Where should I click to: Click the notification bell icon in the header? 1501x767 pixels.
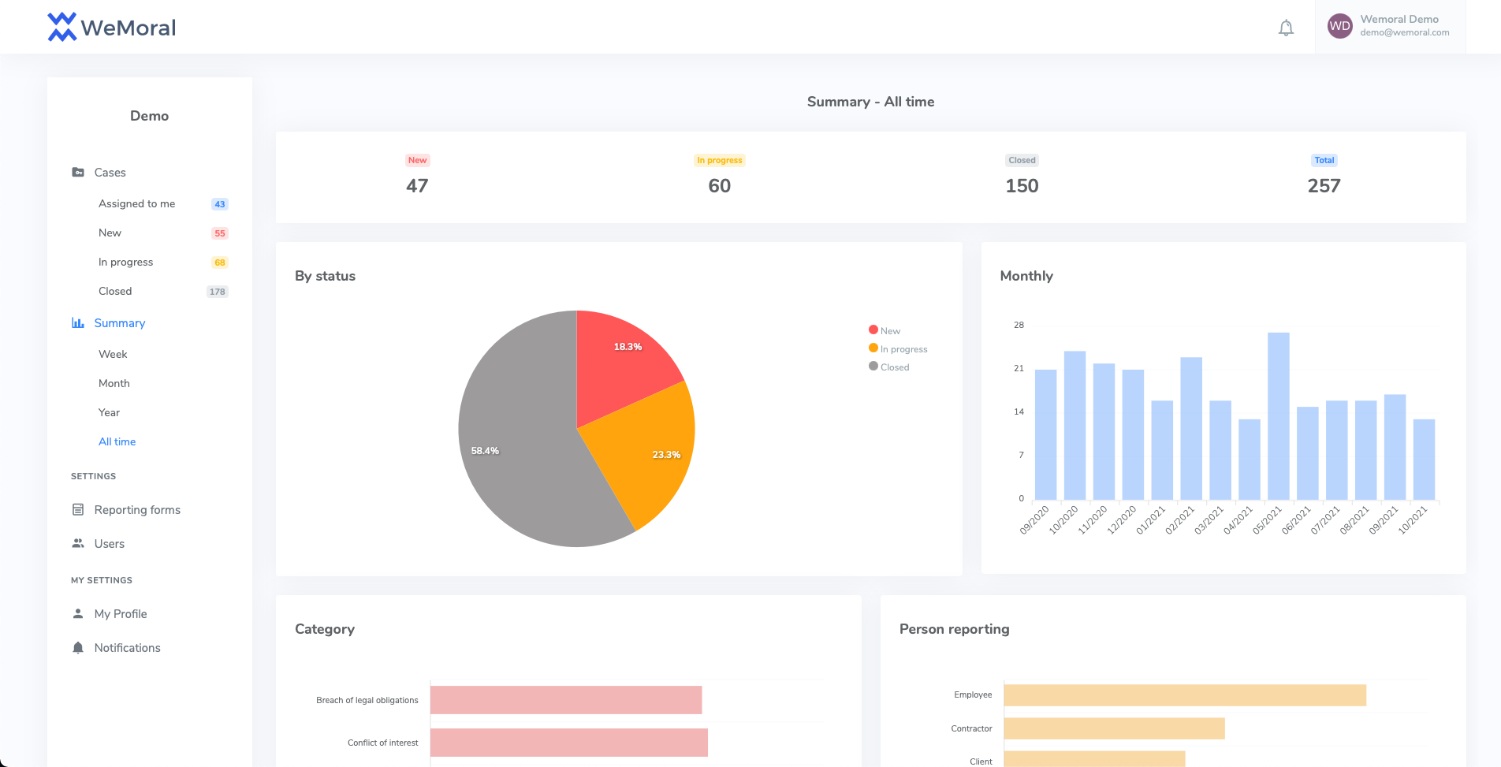coord(1286,28)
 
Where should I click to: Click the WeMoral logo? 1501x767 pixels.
coord(111,28)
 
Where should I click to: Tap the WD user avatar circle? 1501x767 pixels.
coord(1339,26)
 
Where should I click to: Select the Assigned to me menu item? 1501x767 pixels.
coord(136,203)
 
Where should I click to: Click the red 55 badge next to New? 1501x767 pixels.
coord(219,233)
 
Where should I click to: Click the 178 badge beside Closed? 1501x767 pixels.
coord(217,292)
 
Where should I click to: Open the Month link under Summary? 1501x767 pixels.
coord(114,383)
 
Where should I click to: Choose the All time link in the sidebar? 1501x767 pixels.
coord(117,441)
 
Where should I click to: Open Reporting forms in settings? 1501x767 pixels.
coord(137,510)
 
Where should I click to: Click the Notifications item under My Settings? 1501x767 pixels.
coord(127,648)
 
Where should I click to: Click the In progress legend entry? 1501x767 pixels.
coord(903,349)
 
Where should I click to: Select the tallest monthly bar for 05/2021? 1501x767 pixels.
coord(1278,418)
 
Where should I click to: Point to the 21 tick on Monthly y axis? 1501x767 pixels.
coord(1019,368)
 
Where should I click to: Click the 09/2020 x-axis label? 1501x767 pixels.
coord(1034,521)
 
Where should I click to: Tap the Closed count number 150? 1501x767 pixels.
coord(1022,186)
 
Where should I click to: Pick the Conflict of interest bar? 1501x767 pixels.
coord(568,743)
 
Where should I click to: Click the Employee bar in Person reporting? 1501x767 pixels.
coord(1184,695)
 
